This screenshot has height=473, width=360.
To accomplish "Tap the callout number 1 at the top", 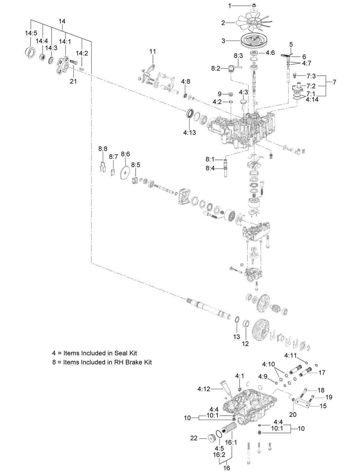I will [x=230, y=5].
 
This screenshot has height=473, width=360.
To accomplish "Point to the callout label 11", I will [x=153, y=51].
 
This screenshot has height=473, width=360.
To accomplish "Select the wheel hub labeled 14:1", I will [x=64, y=63].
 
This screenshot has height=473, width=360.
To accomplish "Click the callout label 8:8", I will [x=103, y=149].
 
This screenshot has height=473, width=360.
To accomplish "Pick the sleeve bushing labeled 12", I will [x=246, y=324].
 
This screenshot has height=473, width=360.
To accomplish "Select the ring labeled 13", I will [x=237, y=320].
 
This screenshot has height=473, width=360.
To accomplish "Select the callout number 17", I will [x=322, y=372].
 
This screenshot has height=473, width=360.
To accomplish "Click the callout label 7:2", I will [x=311, y=86].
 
